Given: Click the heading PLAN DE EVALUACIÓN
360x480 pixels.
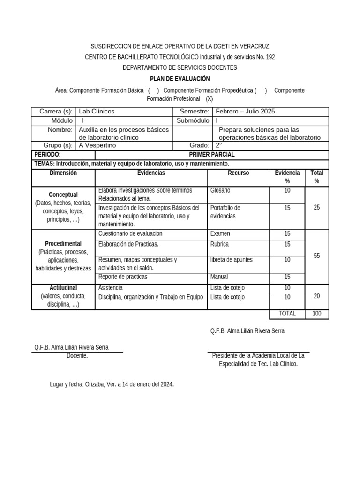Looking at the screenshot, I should (x=180, y=79).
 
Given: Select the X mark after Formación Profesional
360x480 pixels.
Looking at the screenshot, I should (x=209, y=99).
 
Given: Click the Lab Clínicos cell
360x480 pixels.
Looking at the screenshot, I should (x=97, y=112).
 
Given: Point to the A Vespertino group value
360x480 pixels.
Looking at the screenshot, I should (x=97, y=145).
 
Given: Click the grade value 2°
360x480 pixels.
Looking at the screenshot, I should (x=218, y=145).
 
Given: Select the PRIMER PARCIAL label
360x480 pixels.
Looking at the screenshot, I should (x=211, y=155).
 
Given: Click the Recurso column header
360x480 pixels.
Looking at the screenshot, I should (x=239, y=173).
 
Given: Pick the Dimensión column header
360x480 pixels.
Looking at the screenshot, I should (x=63, y=173).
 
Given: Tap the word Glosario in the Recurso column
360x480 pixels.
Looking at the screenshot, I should (x=220, y=191).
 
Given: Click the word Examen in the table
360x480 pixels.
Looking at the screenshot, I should (x=220, y=233).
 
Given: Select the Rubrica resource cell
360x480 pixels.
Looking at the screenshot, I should (x=220, y=244).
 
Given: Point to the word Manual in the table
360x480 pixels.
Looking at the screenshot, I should (x=219, y=277).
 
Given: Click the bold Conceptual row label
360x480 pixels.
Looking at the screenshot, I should (x=63, y=195).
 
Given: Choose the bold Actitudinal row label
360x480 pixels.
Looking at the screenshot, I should (x=63, y=287).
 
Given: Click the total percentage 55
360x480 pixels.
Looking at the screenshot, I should (x=316, y=255).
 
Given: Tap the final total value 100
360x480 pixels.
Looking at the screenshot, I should (x=316, y=314).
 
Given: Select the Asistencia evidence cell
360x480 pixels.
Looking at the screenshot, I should (x=111, y=288).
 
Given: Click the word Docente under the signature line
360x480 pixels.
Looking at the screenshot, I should (x=77, y=356).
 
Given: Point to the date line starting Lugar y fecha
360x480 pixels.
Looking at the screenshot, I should (x=112, y=384).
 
